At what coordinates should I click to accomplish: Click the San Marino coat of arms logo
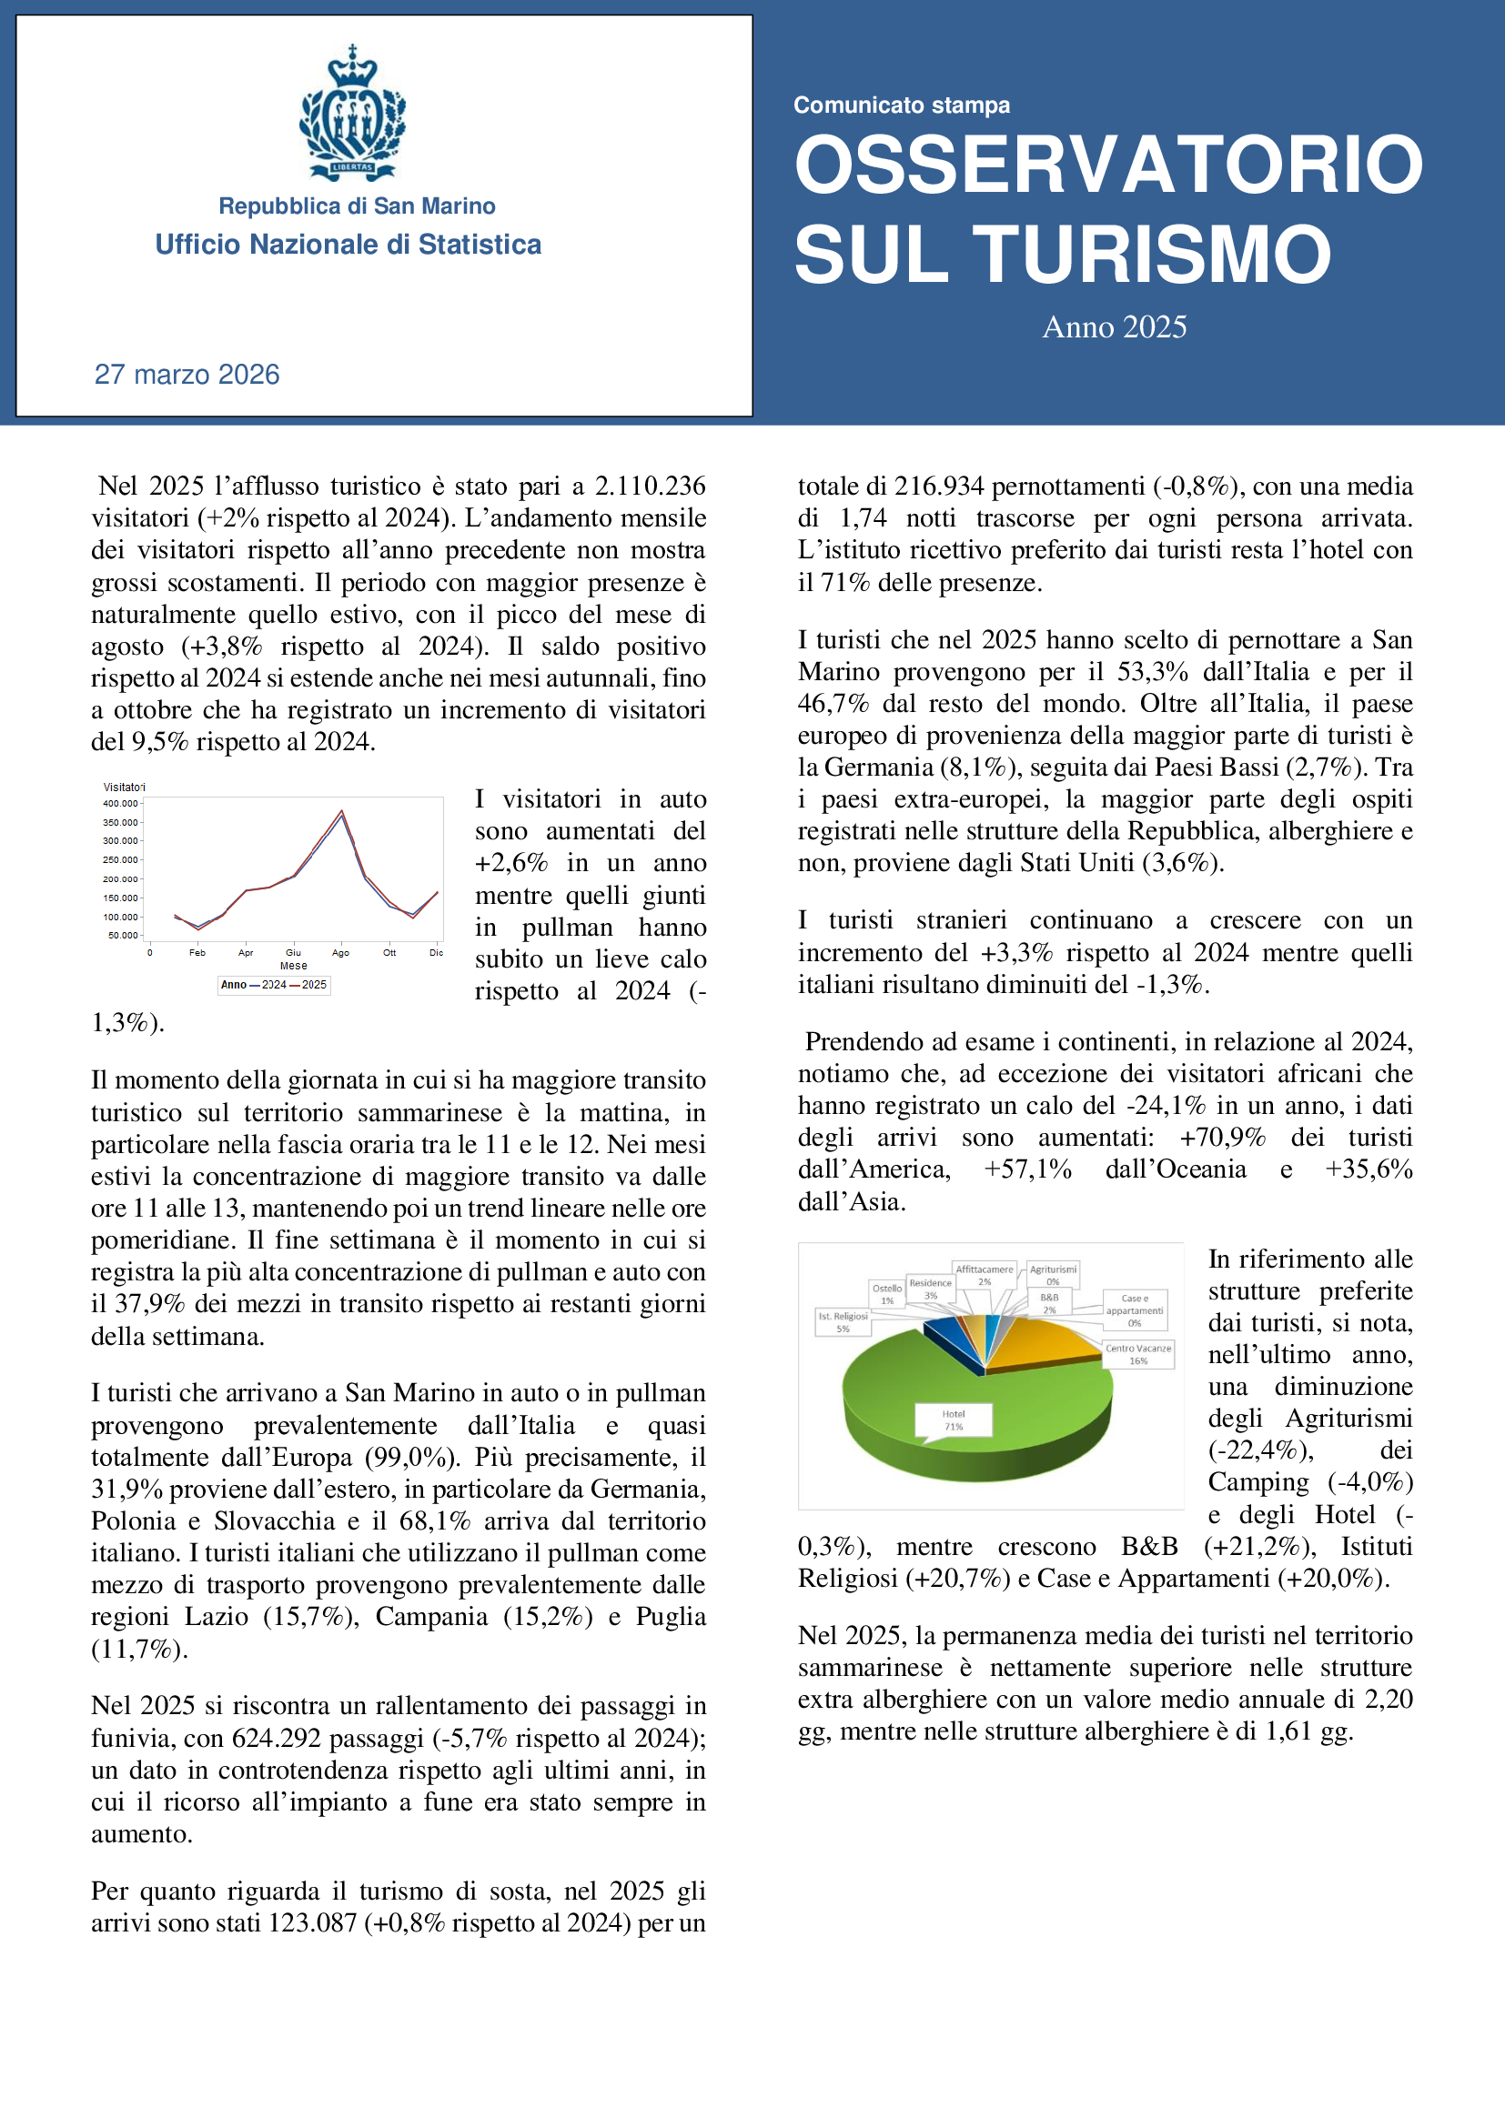click(352, 112)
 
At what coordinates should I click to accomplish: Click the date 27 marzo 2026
click(187, 375)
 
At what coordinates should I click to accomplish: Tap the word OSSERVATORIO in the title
click(1108, 165)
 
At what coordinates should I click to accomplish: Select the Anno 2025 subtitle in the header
click(1114, 327)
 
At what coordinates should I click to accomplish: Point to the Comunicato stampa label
click(901, 105)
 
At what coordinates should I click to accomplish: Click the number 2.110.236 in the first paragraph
click(650, 487)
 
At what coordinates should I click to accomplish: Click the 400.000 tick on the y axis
click(120, 803)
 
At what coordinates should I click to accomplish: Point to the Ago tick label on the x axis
click(340, 952)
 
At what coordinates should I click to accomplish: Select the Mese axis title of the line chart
click(293, 966)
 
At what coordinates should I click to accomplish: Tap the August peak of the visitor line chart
click(342, 812)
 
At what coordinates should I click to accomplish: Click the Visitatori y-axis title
click(124, 787)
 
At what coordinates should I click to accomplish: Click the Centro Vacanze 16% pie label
click(1138, 1354)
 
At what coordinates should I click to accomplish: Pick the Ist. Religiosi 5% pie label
click(843, 1322)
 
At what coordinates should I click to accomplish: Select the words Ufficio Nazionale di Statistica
click(348, 245)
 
